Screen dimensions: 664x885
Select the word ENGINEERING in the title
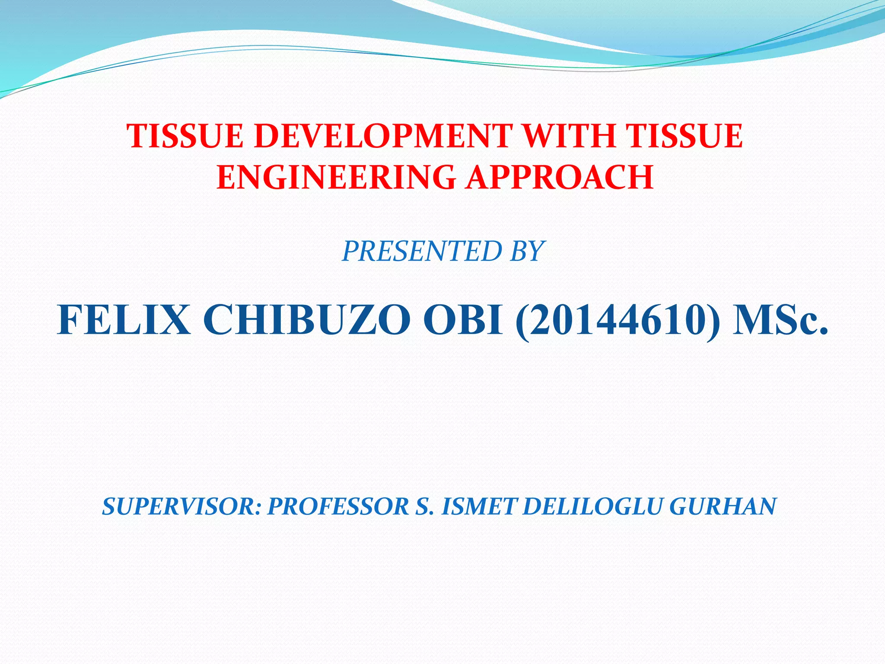(x=336, y=177)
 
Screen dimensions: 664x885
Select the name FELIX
(x=124, y=320)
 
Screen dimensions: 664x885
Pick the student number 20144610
(x=619, y=320)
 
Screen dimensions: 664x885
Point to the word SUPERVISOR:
(x=181, y=507)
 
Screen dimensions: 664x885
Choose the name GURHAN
(x=723, y=507)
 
